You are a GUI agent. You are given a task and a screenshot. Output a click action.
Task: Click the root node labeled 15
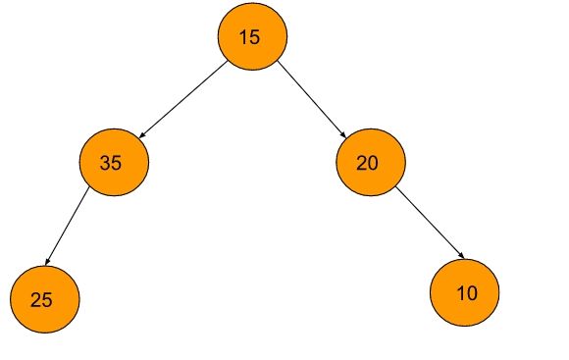252,37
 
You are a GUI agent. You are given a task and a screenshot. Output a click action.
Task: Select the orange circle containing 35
113,163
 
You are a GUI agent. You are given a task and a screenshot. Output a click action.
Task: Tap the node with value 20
370,163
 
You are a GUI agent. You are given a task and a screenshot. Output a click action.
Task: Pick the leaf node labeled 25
44,299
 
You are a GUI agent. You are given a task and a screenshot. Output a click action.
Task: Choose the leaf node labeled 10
465,291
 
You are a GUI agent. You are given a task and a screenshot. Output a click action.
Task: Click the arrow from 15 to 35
184,100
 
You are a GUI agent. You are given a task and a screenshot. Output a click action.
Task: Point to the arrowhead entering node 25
49,263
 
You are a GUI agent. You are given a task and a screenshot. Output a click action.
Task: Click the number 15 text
250,38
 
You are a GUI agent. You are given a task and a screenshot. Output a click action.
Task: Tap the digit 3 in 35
105,164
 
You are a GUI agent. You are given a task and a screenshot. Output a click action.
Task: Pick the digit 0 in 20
373,164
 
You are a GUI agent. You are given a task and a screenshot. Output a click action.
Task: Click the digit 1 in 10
461,292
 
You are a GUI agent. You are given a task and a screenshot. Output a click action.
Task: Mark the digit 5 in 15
255,38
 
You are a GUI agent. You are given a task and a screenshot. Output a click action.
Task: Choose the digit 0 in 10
472,292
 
